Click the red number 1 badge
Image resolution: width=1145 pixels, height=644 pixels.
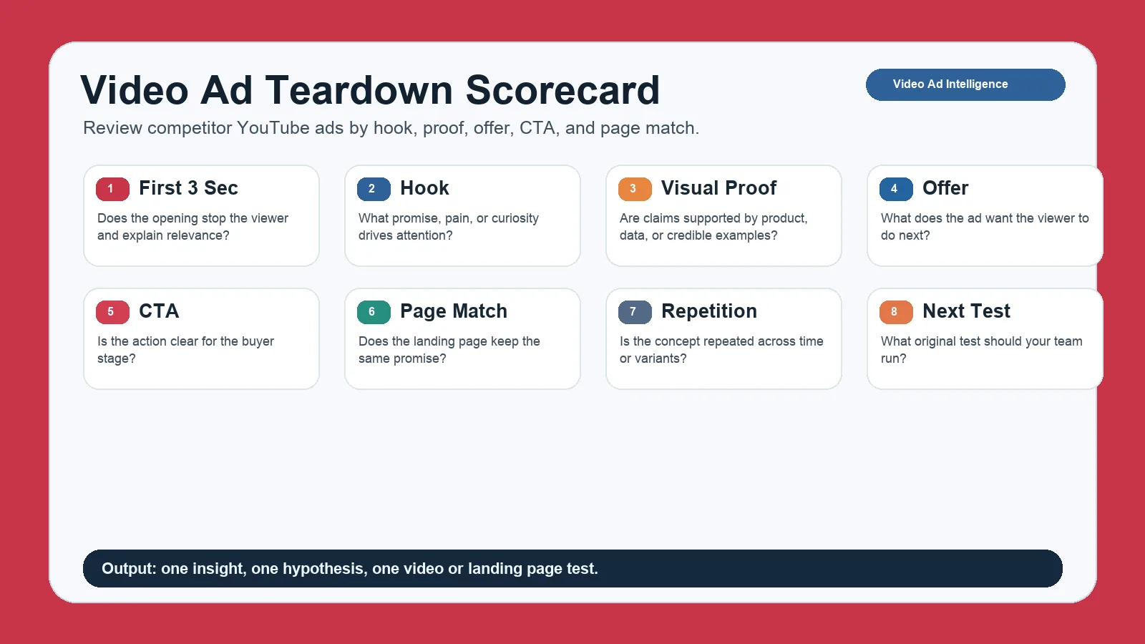(112, 189)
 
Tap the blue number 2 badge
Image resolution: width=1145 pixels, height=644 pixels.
(374, 189)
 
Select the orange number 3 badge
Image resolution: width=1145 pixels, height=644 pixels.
(635, 189)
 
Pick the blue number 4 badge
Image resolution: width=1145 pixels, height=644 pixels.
(896, 189)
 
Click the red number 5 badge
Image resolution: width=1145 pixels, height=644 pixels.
(112, 312)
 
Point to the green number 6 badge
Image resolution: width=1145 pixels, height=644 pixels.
(374, 312)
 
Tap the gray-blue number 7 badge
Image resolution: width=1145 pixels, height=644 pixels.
(635, 312)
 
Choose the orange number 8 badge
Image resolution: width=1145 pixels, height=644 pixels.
(896, 312)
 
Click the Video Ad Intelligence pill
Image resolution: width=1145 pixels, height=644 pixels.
(965, 84)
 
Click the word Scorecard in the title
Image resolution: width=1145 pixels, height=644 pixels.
(562, 90)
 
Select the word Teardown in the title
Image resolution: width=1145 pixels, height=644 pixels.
(359, 90)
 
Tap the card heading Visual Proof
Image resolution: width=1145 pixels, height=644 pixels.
(718, 188)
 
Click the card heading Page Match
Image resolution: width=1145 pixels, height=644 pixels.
(454, 311)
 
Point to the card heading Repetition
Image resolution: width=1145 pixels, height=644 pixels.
(709, 311)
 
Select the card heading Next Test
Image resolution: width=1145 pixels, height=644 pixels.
(966, 311)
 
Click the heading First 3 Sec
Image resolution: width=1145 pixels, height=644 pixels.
(188, 188)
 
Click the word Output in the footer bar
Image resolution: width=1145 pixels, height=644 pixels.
(129, 568)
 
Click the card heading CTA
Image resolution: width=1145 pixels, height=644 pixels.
(159, 311)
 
